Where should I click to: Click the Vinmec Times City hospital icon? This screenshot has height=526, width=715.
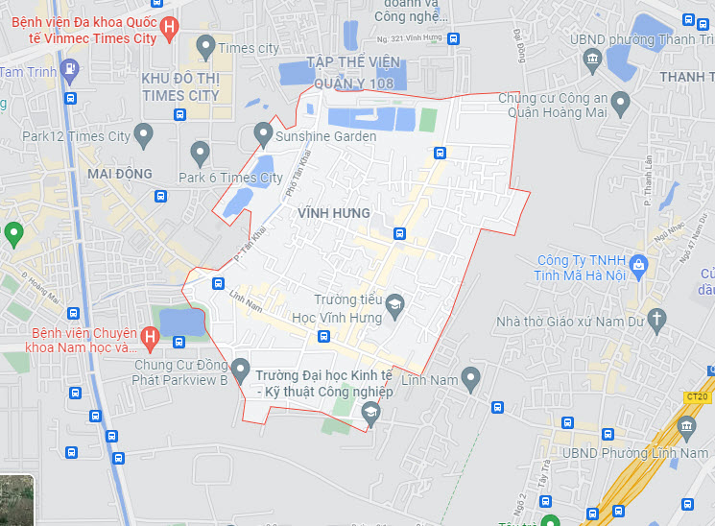169,28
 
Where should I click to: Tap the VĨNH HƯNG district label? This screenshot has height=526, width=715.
334,212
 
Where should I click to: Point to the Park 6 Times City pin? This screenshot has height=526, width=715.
200,152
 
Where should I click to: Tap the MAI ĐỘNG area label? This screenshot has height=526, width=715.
120,174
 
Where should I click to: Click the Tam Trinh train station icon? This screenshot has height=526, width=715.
69,68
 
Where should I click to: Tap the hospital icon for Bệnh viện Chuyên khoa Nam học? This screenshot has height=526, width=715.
149,336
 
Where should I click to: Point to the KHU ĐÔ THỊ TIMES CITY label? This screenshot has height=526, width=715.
179,85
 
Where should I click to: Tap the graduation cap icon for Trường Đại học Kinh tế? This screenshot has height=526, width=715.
370,413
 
